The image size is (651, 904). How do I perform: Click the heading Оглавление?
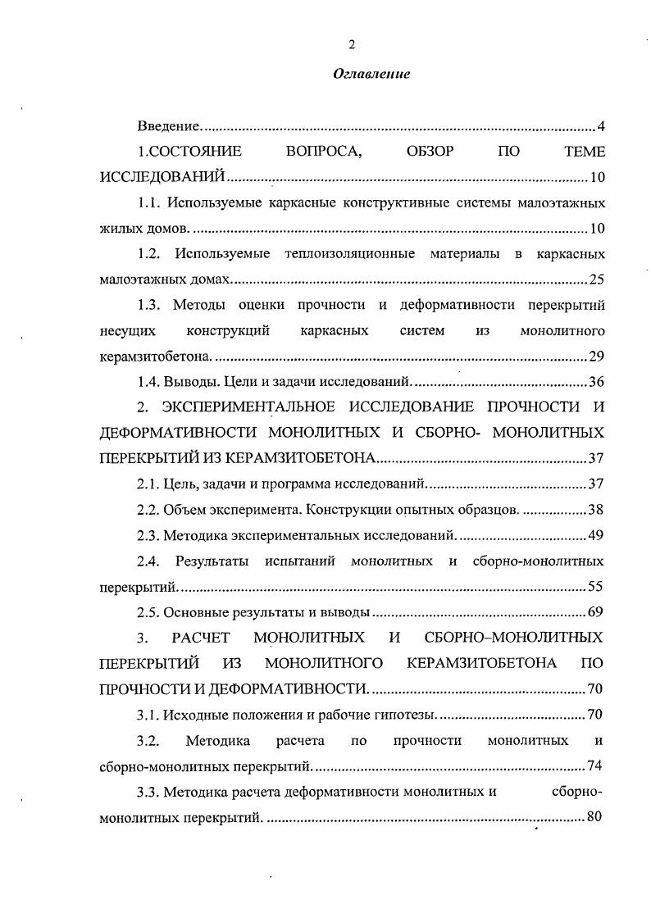point(371,74)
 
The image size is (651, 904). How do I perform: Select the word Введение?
point(168,127)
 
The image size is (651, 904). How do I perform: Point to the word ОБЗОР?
point(430,152)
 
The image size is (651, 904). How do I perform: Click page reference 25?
point(596,279)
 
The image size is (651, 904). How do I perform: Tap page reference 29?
point(596,356)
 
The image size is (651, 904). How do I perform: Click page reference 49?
point(596,535)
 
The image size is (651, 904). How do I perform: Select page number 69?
point(596,611)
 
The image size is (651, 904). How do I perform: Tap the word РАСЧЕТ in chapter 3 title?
point(202,637)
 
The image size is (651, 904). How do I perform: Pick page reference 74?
point(596,765)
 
